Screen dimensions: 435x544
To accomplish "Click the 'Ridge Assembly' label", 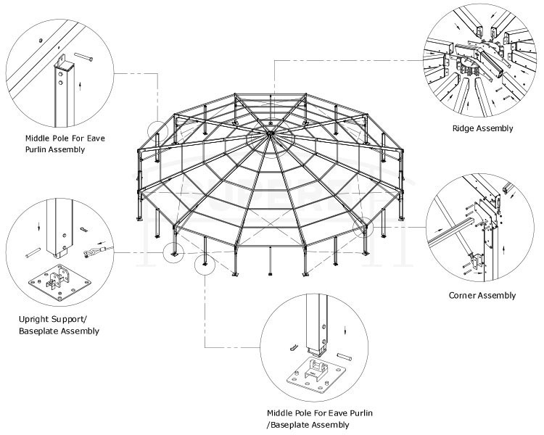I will click(483, 128).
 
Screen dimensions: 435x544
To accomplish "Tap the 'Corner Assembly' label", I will click(482, 295).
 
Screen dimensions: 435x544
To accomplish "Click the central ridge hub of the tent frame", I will click(270, 133).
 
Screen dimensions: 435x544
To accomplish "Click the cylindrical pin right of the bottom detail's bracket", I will click(345, 358).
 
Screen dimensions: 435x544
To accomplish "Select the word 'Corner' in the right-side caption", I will click(463, 295).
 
